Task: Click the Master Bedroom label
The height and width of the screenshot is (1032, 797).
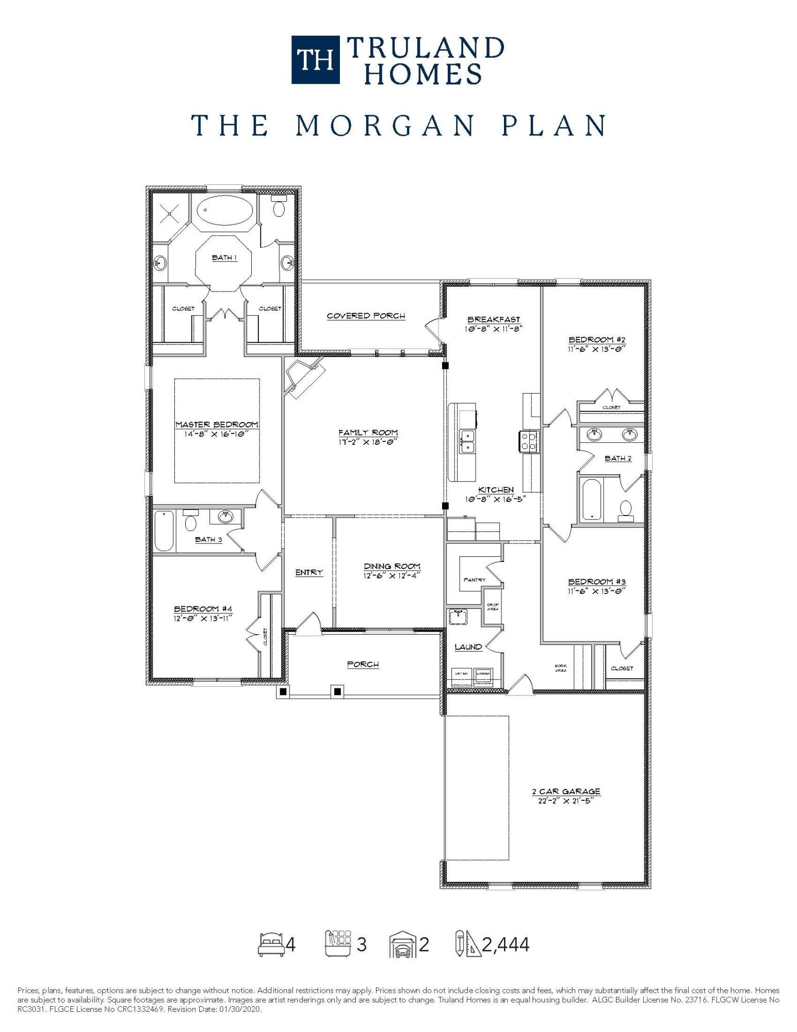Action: pos(217,425)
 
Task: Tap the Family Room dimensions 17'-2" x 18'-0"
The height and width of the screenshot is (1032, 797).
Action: pos(368,442)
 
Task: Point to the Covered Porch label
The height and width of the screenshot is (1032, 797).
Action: pos(366,316)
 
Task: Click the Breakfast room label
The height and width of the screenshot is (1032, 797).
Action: pos(494,319)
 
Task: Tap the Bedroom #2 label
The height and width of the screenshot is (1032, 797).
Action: pos(597,340)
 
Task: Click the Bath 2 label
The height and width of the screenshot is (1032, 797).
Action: pos(618,458)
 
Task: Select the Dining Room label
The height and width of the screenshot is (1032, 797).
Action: pos(392,566)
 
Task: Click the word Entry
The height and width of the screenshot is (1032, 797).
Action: pos(309,572)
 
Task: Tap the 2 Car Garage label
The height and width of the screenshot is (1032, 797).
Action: pos(566,792)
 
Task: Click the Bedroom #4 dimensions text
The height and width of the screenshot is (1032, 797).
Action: pos(203,618)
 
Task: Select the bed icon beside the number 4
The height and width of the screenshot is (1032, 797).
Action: pos(271,945)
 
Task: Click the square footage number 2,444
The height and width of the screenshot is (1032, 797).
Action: pos(506,945)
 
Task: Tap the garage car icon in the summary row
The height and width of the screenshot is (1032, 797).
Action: pos(403,945)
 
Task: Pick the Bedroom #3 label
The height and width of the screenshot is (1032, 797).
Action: pos(597,582)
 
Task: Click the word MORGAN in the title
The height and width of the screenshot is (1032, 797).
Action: pos(384,125)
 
